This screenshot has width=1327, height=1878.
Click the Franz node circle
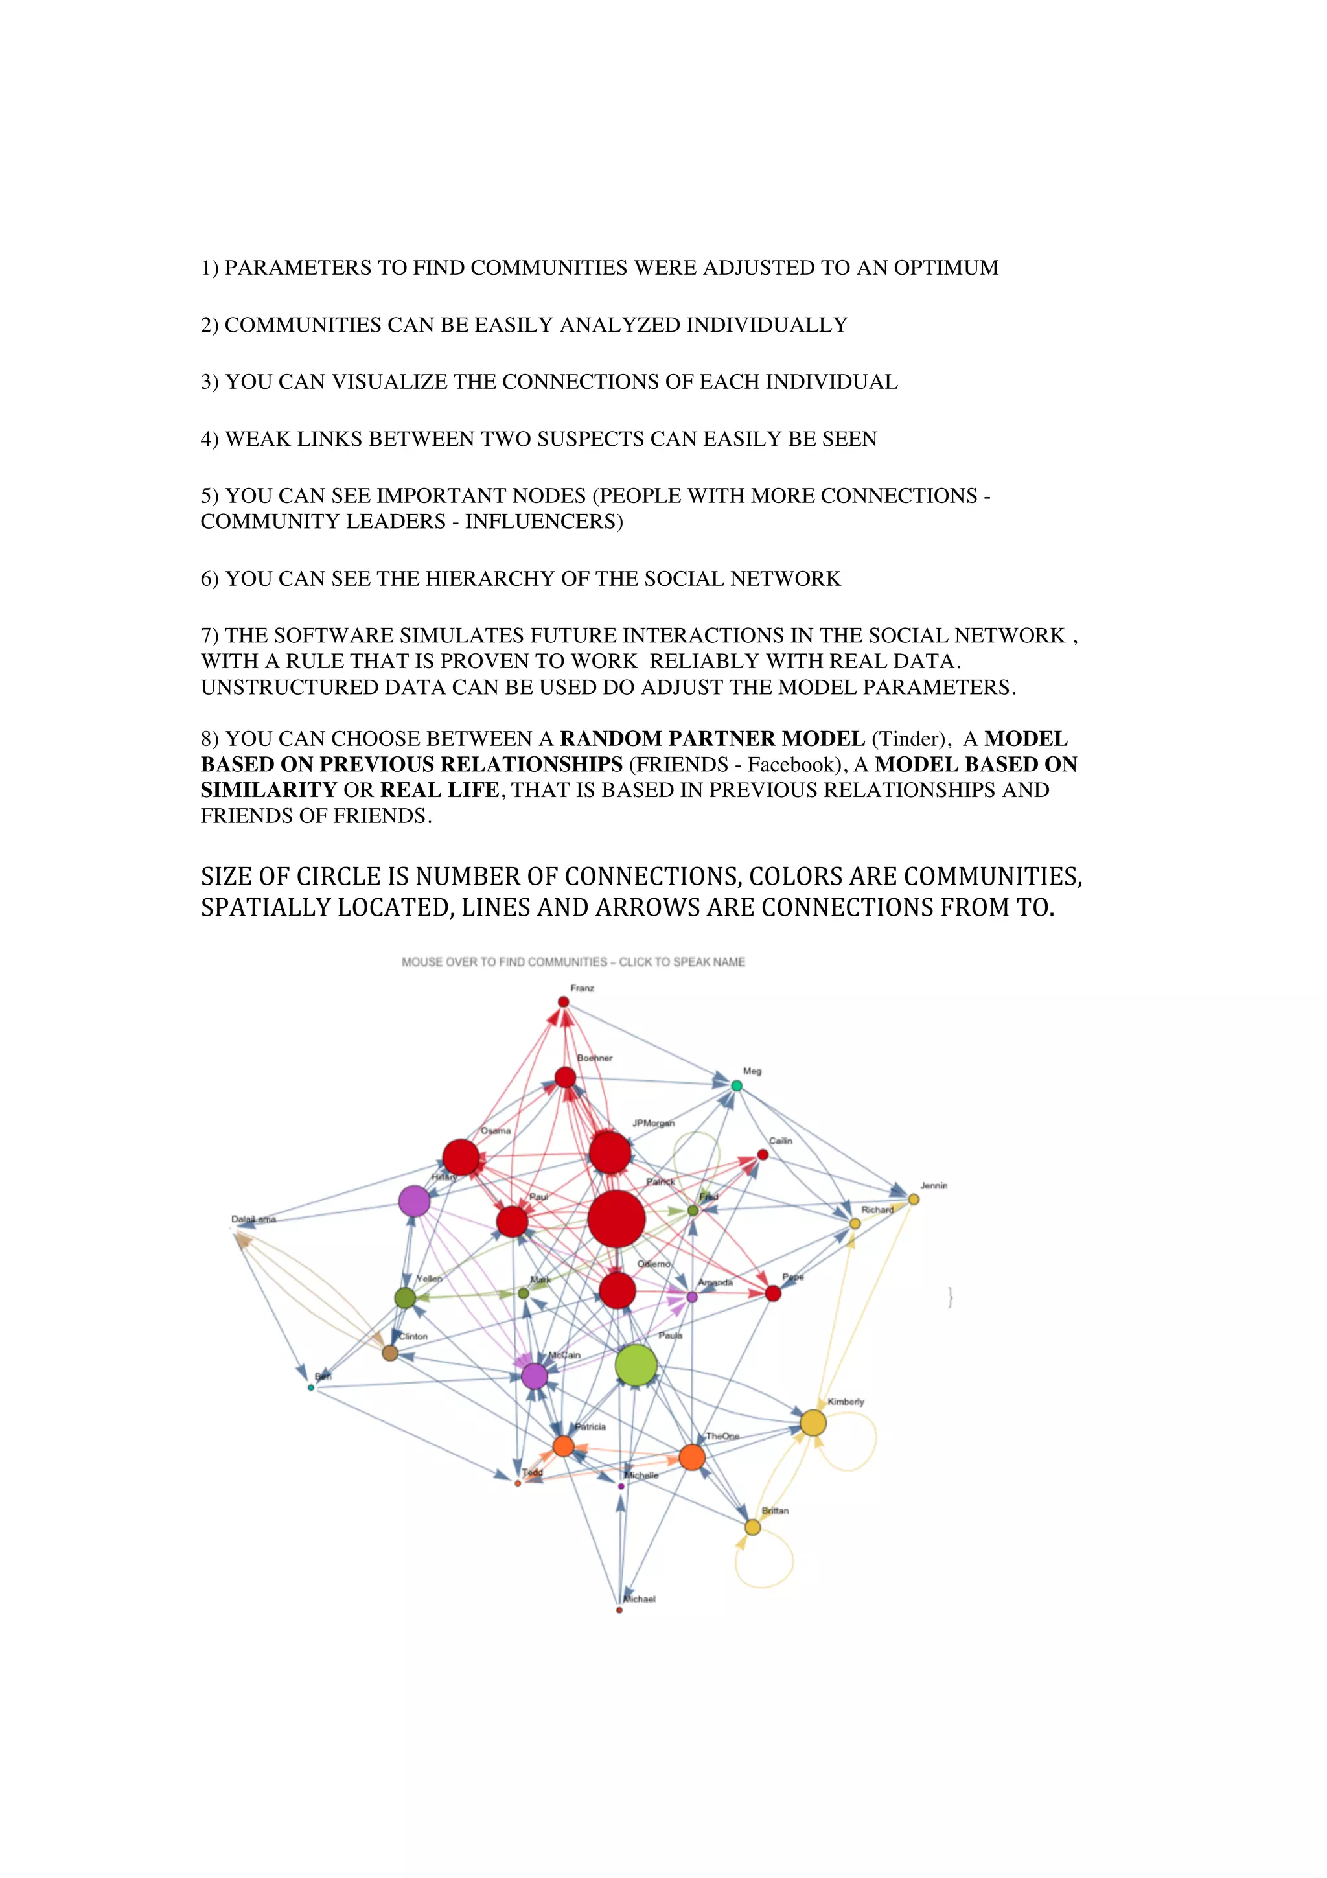[x=563, y=1002]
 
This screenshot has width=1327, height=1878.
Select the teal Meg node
[x=736, y=1085]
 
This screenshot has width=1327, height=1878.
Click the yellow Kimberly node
[x=813, y=1422]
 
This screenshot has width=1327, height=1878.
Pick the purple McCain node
[x=534, y=1376]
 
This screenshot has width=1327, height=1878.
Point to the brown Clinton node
[x=390, y=1353]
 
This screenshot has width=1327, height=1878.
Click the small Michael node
[x=619, y=1610]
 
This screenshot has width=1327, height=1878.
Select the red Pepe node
[x=772, y=1293]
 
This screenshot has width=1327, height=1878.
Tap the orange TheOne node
[x=692, y=1457]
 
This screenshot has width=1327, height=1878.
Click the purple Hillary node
[x=415, y=1201]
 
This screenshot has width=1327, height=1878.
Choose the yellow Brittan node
[x=752, y=1527]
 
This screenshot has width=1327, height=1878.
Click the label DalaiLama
[x=253, y=1220]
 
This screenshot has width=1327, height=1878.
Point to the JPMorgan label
[x=653, y=1123]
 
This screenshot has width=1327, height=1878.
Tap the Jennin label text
[x=933, y=1185]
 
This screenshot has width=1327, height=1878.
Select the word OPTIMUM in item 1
[x=946, y=268]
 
